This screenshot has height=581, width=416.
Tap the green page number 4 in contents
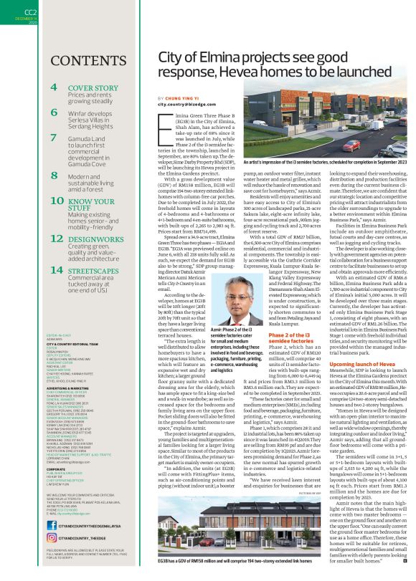coord(55,88)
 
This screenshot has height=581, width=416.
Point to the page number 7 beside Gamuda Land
coord(54,138)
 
